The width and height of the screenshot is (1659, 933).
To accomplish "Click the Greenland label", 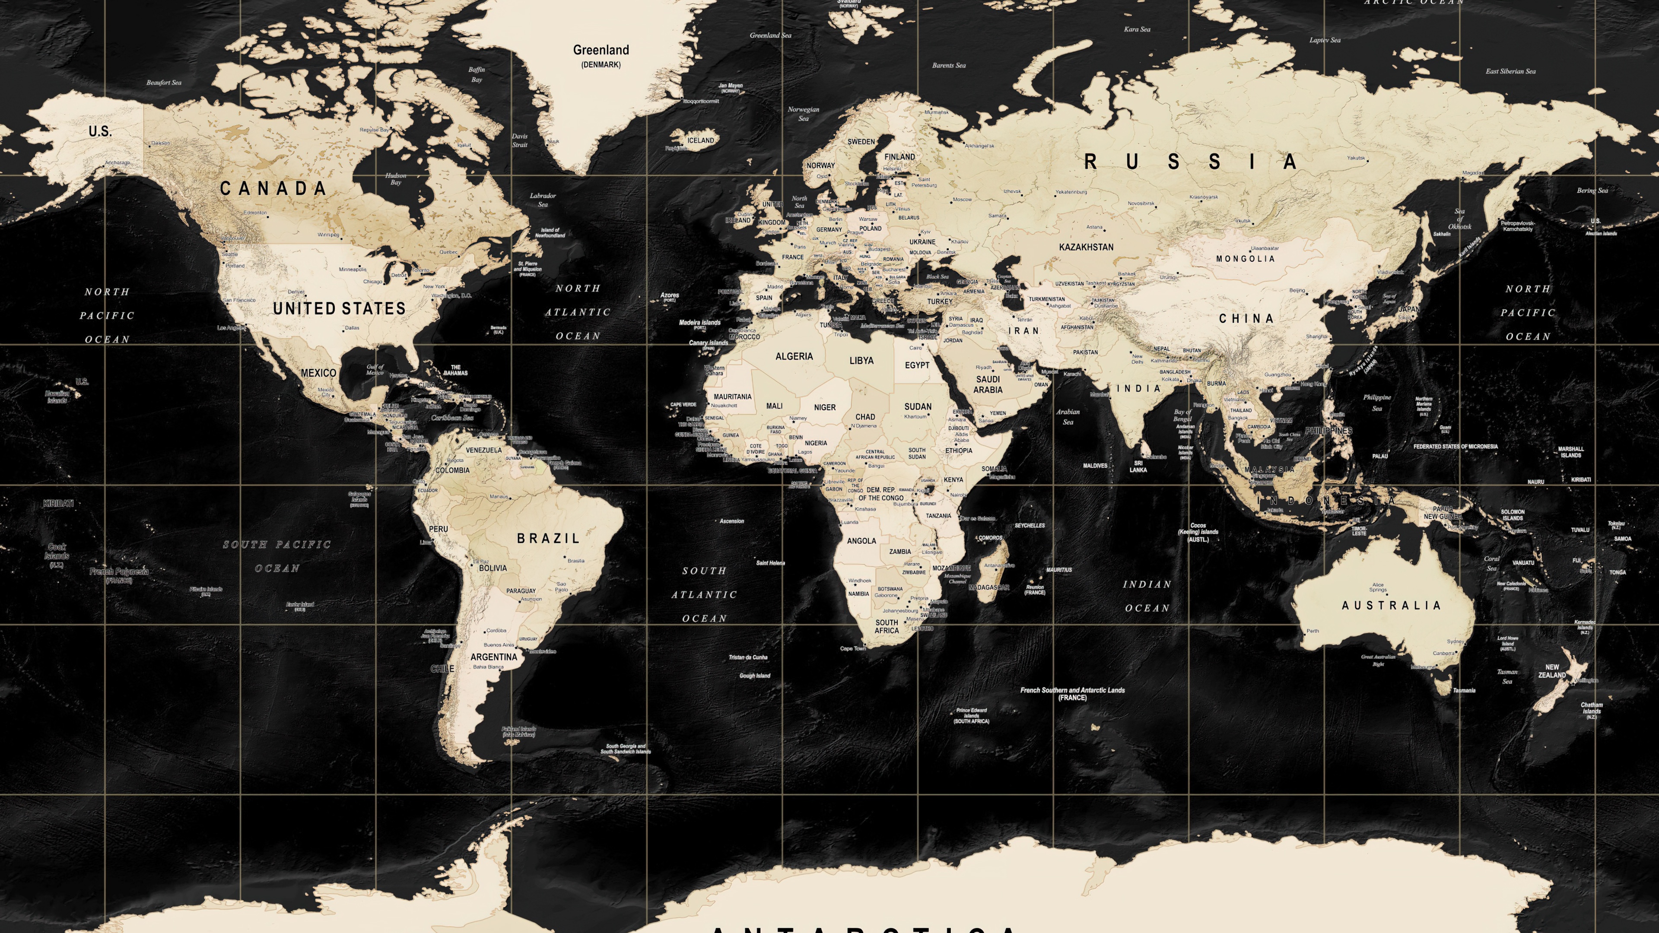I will point(601,50).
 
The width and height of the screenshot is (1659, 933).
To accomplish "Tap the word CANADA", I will point(273,189).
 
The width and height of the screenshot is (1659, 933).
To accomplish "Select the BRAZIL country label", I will point(548,538).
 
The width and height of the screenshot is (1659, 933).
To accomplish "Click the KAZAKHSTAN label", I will point(1086,247).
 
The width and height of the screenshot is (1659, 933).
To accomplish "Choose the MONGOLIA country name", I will point(1245,259).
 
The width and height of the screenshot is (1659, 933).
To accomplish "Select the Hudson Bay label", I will point(395,179).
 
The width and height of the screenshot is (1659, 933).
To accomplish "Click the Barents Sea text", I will point(949,66).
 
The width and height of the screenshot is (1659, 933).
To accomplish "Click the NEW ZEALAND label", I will point(1552,672).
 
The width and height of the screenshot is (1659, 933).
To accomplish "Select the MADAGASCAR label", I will point(988,588).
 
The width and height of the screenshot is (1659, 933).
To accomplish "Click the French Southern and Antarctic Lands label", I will point(1072,693).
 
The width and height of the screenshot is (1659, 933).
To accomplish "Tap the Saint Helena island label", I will point(770,563).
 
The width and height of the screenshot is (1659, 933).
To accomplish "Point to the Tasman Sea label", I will point(1507,676).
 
